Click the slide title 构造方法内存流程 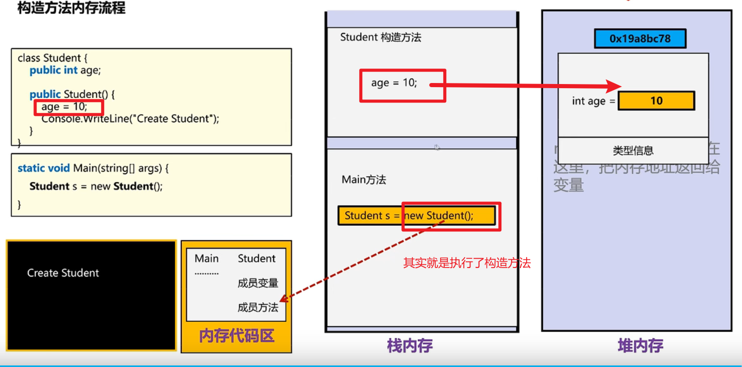click(x=71, y=8)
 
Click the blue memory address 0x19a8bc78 click(x=639, y=39)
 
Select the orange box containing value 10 click(x=656, y=101)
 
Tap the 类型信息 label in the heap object click(x=633, y=151)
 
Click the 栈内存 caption click(x=410, y=345)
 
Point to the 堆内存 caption click(x=640, y=345)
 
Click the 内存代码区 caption click(x=237, y=336)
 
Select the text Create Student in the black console click(x=63, y=273)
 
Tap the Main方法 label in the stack click(x=364, y=180)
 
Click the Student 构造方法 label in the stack click(x=380, y=37)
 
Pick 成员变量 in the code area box click(x=258, y=283)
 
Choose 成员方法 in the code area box click(x=258, y=308)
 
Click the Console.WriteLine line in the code click(x=130, y=119)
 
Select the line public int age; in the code click(x=65, y=70)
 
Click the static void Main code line click(x=93, y=168)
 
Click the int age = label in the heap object click(x=593, y=101)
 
